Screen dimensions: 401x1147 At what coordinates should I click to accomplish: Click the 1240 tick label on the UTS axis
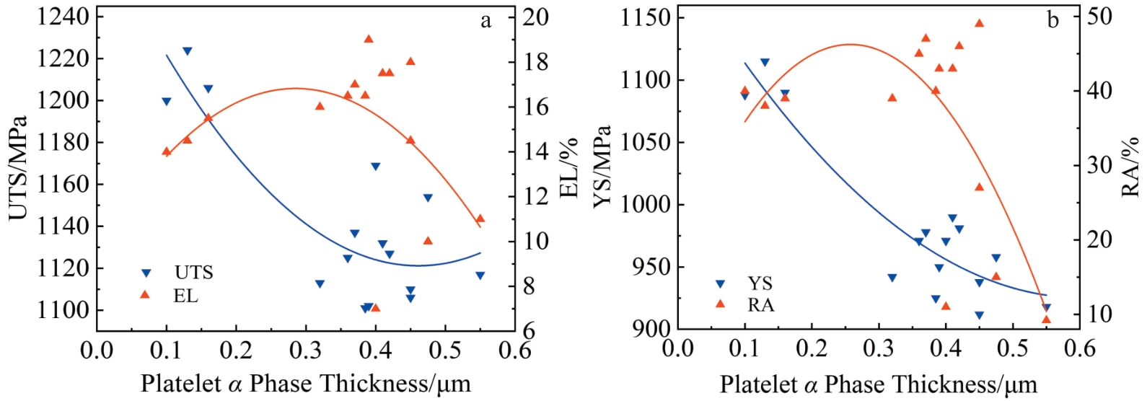click(x=63, y=16)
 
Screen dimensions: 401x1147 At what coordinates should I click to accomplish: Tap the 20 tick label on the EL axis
click(x=535, y=16)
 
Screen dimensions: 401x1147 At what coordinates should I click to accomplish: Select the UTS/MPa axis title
click(x=17, y=167)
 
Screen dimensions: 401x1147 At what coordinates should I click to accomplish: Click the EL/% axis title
click(x=570, y=169)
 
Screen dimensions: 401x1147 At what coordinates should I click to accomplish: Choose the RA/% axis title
click(x=1130, y=167)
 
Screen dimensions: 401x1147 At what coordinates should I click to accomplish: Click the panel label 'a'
click(x=486, y=21)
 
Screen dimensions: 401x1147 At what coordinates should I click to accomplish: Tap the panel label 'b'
click(x=1052, y=21)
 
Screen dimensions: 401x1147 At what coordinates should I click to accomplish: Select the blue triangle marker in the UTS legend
click(x=146, y=273)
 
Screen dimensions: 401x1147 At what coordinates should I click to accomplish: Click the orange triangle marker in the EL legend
click(x=146, y=294)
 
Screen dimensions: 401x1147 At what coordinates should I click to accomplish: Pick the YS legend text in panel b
click(x=760, y=283)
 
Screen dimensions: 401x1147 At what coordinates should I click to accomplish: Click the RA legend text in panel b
click(x=761, y=305)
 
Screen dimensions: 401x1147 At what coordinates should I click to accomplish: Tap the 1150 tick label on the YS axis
click(x=646, y=16)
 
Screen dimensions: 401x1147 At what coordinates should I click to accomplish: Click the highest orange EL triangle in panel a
click(x=369, y=39)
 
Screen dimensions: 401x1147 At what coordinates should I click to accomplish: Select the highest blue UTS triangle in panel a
click(x=188, y=51)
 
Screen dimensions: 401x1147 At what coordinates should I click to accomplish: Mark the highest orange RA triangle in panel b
click(x=980, y=23)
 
